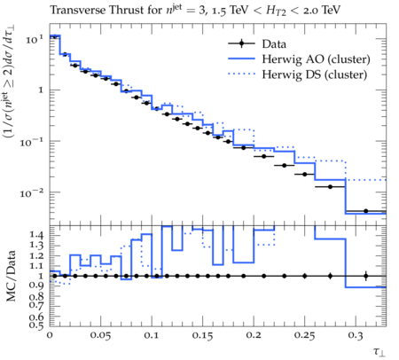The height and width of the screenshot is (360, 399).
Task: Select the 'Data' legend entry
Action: [x=274, y=44]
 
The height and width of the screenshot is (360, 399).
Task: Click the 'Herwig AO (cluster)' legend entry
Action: [x=316, y=59]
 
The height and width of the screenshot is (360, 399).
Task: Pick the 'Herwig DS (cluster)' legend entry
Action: [x=315, y=74]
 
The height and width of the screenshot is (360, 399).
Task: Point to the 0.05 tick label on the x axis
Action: [x=100, y=335]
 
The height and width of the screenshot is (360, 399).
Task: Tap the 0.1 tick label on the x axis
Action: [x=152, y=335]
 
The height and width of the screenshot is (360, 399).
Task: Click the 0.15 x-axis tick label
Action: [x=202, y=335]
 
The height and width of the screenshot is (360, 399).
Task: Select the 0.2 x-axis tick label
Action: [x=254, y=335]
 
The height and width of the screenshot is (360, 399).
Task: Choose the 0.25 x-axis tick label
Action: [x=304, y=335]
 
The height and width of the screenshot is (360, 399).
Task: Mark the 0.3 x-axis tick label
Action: [x=356, y=335]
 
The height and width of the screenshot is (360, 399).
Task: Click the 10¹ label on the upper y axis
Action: [x=34, y=39]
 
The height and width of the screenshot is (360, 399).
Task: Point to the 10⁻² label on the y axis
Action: [x=32, y=193]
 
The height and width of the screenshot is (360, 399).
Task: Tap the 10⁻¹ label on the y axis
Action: [x=32, y=142]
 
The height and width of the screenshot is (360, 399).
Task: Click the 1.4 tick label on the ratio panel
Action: [x=36, y=235]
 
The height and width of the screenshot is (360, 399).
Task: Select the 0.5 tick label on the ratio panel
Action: [x=36, y=325]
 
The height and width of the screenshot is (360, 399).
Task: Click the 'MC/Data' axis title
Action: [x=11, y=276]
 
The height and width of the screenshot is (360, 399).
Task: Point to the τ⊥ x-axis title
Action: [x=379, y=351]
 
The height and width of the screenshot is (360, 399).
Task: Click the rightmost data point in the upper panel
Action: [x=366, y=211]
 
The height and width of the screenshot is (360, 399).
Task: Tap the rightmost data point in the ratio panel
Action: [x=366, y=276]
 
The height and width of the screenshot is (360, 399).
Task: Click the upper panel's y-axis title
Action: [x=10, y=82]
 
